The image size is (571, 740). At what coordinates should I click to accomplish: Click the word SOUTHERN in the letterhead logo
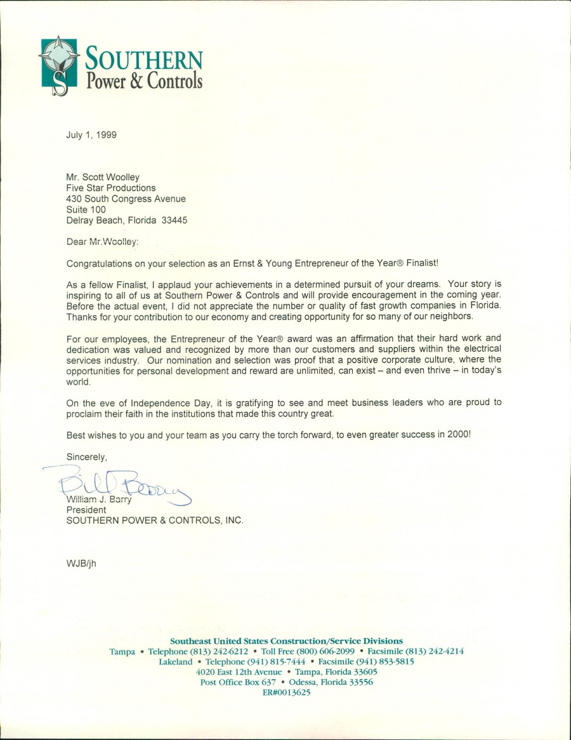pos(144,59)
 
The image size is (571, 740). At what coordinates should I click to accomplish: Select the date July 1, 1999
pos(91,135)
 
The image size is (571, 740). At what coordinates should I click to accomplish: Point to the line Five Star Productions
pos(111,188)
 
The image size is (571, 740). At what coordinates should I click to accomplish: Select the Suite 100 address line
pos(86,209)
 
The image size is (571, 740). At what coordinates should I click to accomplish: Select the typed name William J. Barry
pos(99,499)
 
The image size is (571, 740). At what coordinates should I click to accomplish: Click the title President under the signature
pos(86,510)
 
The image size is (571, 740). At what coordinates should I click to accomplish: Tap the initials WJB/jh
pos(81,562)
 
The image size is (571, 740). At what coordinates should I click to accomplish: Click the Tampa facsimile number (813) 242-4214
pos(435,652)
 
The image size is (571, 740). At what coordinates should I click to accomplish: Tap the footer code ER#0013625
pos(286,692)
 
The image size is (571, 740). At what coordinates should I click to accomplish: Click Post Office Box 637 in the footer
pos(238,682)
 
